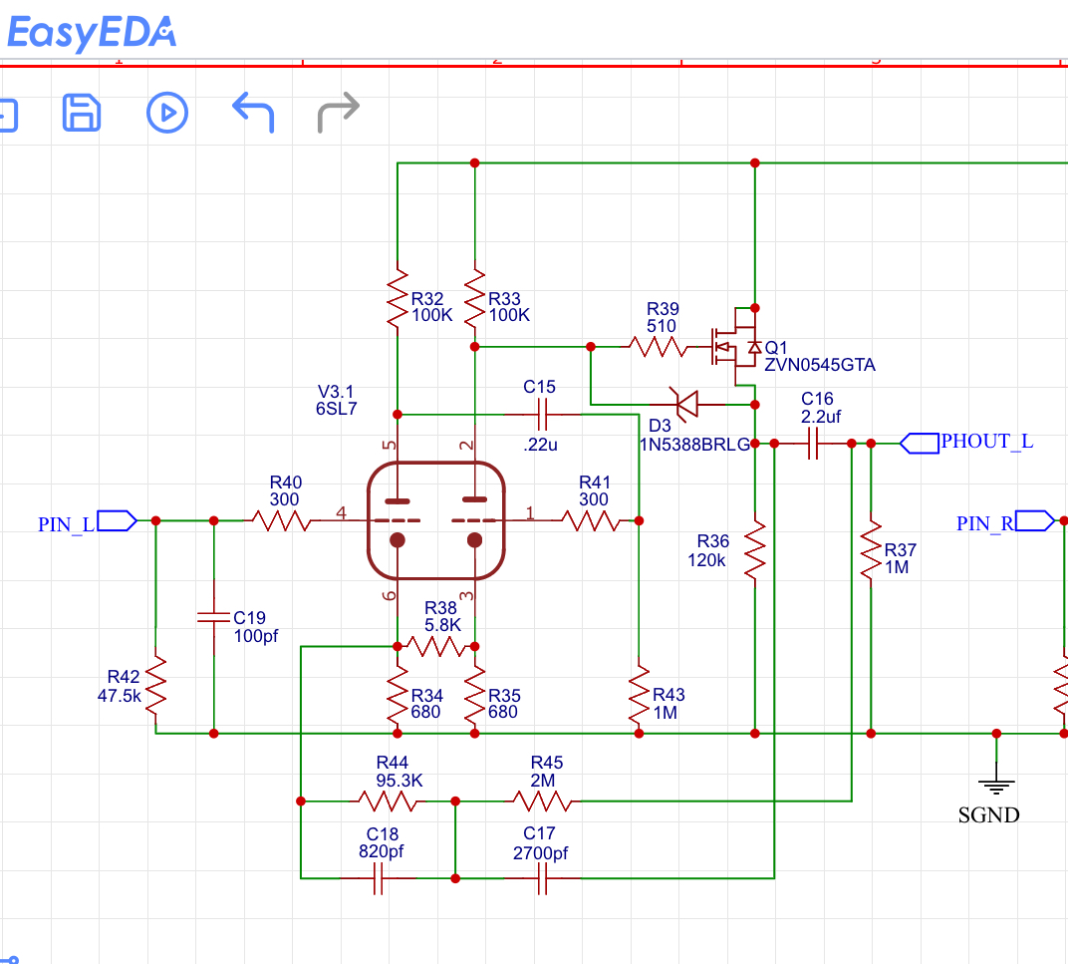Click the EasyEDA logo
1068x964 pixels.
pos(92,33)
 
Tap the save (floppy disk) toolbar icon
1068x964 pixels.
pos(82,113)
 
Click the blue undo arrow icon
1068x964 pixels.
pos(253,112)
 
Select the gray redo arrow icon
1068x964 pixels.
pos(339,112)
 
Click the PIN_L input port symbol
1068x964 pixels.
pos(118,520)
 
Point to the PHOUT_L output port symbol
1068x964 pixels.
pos(920,444)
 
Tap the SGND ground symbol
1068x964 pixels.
pos(996,786)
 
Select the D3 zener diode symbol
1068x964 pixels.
pos(687,405)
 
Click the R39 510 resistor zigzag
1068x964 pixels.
pos(658,347)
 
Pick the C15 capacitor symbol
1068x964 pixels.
pos(542,414)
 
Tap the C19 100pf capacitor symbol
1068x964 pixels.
pos(214,617)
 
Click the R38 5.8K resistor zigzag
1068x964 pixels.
pos(436,646)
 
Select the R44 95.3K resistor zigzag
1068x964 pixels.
pos(387,802)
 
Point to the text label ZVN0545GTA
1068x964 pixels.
pos(819,365)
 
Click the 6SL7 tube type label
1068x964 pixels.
pos(336,409)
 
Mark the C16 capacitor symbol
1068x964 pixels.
pos(812,444)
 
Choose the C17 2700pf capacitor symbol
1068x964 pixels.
pos(542,878)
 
